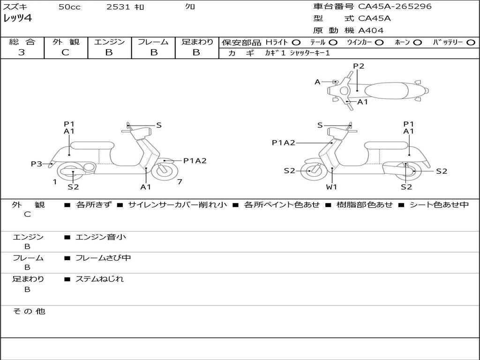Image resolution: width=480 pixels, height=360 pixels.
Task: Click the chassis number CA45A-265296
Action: click(395, 7)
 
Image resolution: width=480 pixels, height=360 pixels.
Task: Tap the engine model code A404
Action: click(370, 30)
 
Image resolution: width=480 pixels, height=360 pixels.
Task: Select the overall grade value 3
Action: click(22, 52)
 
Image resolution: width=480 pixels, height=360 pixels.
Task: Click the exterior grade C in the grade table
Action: click(66, 52)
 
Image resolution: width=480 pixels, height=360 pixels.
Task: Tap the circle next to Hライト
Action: click(296, 42)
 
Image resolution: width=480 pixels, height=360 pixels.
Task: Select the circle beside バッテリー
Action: click(470, 42)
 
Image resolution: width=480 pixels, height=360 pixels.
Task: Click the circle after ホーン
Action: click(417, 42)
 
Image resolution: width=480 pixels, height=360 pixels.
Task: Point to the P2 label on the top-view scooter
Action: click(359, 66)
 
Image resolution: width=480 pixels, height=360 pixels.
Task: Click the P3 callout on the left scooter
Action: click(37, 164)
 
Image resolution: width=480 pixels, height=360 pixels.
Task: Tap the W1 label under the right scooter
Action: click(332, 187)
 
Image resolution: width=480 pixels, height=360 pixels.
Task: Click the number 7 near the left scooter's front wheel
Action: click(180, 181)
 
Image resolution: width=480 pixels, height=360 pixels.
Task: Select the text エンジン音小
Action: click(101, 237)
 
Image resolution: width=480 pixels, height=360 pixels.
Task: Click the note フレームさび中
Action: click(103, 258)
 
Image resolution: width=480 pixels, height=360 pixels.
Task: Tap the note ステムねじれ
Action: click(99, 279)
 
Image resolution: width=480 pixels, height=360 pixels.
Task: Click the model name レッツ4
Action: click(17, 18)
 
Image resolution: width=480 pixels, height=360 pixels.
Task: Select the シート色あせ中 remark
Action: click(439, 205)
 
